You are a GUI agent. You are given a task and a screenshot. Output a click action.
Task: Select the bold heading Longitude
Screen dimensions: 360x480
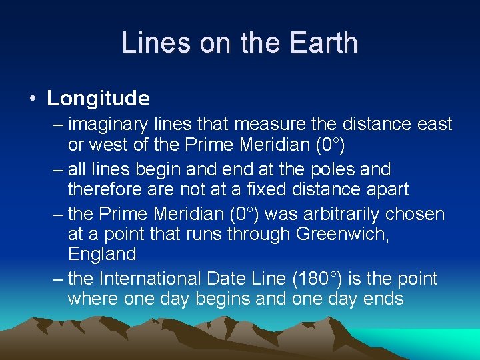click(98, 99)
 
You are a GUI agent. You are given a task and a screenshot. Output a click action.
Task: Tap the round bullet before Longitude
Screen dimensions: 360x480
click(32, 99)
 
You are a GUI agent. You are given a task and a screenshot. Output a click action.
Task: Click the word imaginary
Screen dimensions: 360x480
click(103, 124)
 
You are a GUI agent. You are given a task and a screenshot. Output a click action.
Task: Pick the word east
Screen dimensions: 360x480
click(434, 124)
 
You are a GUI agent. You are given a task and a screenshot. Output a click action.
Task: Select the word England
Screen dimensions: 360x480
click(102, 254)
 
